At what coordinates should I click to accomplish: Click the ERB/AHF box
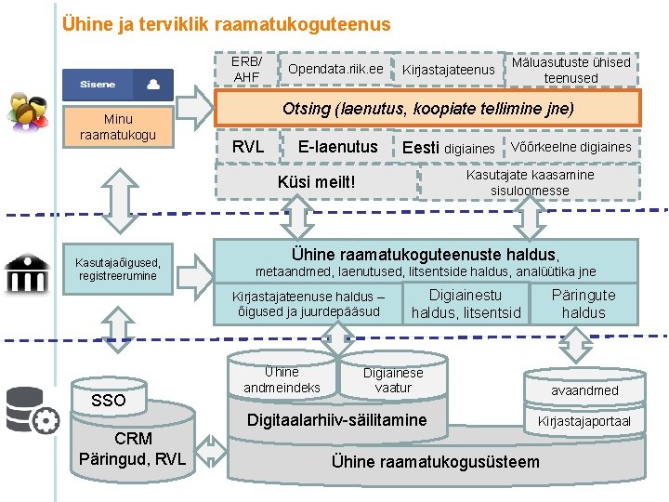coord(246,69)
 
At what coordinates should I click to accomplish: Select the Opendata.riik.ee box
coord(335,70)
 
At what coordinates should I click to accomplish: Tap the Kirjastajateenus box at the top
coord(448,71)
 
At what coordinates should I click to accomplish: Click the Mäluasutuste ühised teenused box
coord(571,70)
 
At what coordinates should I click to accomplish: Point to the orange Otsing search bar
coord(427,109)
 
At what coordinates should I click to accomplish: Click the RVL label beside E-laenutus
coord(247,147)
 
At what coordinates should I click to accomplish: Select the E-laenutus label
coord(337,147)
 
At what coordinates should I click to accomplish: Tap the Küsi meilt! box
coord(317,181)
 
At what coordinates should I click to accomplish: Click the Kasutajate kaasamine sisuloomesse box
coord(530,182)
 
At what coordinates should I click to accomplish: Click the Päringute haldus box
coord(583,304)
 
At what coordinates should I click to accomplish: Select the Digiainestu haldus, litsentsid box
coord(466,304)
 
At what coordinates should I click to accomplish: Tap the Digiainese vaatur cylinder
coord(392,379)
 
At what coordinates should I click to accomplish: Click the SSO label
coord(109,400)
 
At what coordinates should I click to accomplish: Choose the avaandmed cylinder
coord(584,390)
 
